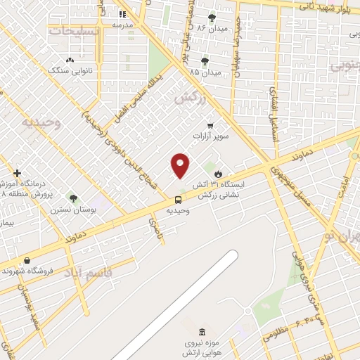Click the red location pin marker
(181, 165)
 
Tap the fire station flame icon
(218, 174)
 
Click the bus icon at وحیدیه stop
(177, 200)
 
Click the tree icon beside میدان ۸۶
(212, 18)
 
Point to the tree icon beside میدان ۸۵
(205, 62)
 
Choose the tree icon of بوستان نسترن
(72, 199)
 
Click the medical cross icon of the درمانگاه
(18, 173)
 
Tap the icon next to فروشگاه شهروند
(27, 261)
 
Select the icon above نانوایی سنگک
(69, 60)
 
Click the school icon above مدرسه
(122, 13)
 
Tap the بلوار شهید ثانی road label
(318, 6)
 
